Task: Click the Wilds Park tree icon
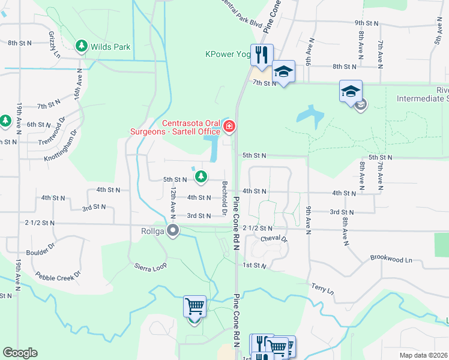[82, 46]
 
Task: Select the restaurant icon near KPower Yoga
[261, 56]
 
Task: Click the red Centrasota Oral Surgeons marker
[229, 126]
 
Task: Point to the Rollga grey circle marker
[173, 230]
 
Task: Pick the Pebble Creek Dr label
[58, 277]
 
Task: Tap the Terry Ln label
[322, 289]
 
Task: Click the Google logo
[20, 353]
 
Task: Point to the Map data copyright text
[424, 355]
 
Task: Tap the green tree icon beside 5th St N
[201, 176]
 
